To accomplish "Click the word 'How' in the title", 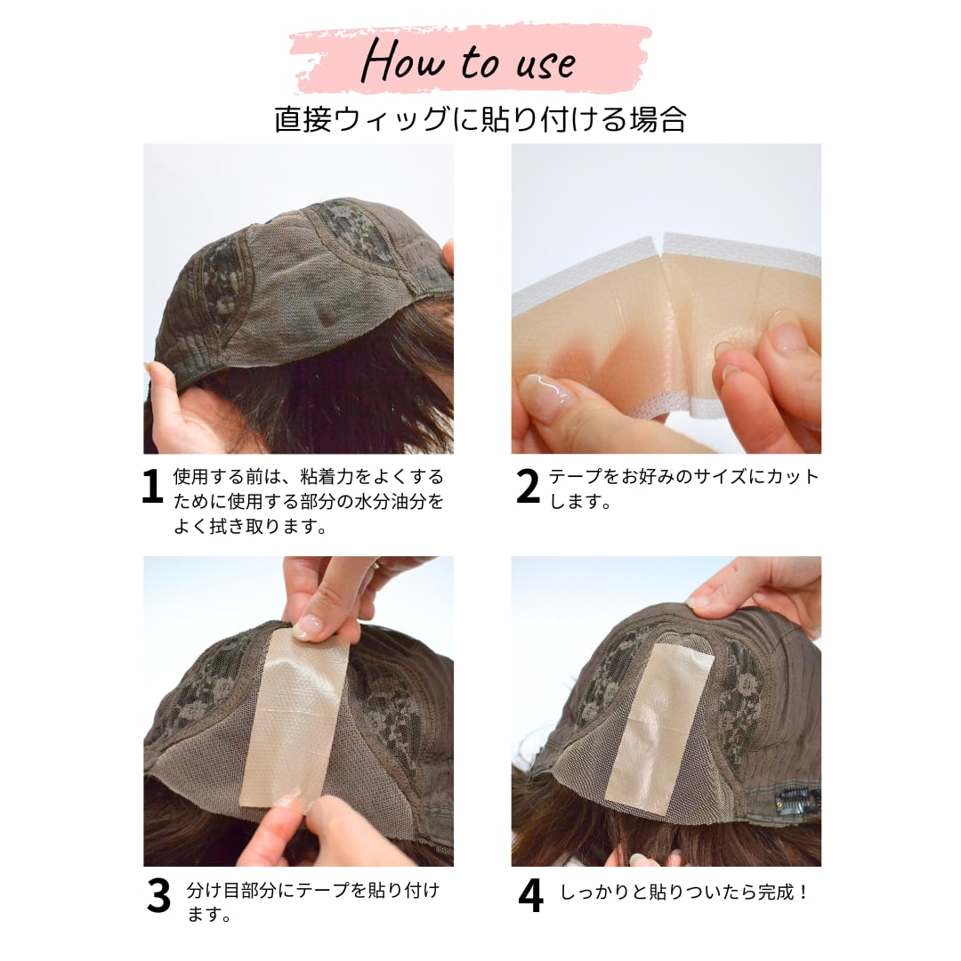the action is coord(402,61).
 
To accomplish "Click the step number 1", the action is coord(153,487).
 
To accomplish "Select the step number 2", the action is coord(528,487).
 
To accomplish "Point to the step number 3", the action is coord(158,896).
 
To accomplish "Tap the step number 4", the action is coord(530,896).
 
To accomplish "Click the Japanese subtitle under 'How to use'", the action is coord(480,119).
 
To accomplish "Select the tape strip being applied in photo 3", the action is coord(295,723).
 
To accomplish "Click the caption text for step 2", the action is coord(684,489).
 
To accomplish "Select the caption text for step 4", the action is coord(683,892).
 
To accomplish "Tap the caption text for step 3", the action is coord(313,902).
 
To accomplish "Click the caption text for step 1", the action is coord(308,501).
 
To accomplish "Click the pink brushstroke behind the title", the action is coord(470,58).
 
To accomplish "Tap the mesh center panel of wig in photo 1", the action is coord(319,295).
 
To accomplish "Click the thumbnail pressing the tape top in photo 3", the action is coord(310,626).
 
